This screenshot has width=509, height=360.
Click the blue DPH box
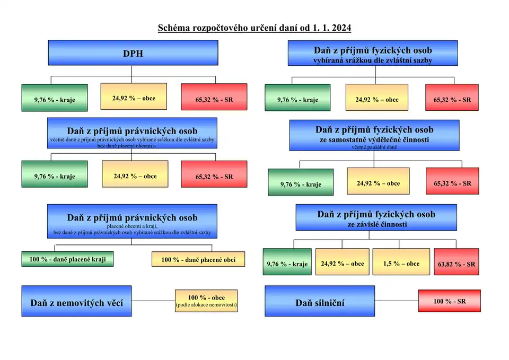point(133,53)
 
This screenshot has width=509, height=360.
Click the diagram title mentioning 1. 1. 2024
point(254,27)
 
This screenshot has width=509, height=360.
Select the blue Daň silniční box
point(320,302)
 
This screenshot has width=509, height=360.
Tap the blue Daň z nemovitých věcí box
point(76,302)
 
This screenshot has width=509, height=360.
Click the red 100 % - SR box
point(449,301)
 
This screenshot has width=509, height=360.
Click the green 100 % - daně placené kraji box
point(67,260)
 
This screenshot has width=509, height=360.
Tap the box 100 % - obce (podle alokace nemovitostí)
point(206,301)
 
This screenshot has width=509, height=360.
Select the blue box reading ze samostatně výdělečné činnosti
point(374,135)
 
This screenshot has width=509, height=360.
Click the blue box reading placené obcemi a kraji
point(132,222)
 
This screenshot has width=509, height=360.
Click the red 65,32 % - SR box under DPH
point(214,99)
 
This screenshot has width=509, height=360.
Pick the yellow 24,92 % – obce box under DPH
point(134,98)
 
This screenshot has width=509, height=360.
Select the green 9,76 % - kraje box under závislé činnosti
point(287,264)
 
